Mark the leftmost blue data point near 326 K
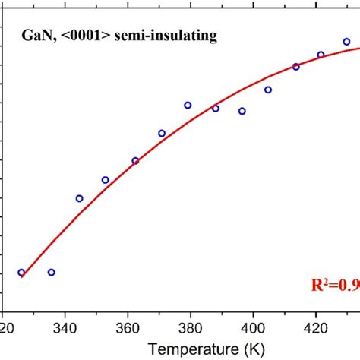point(21,272)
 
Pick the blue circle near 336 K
point(51,272)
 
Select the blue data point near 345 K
point(80,198)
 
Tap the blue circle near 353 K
point(106,180)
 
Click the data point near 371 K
point(162,133)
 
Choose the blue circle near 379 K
point(188,105)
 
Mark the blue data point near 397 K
point(242,111)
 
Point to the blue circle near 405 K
point(268,90)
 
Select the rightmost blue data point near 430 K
point(346,42)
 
